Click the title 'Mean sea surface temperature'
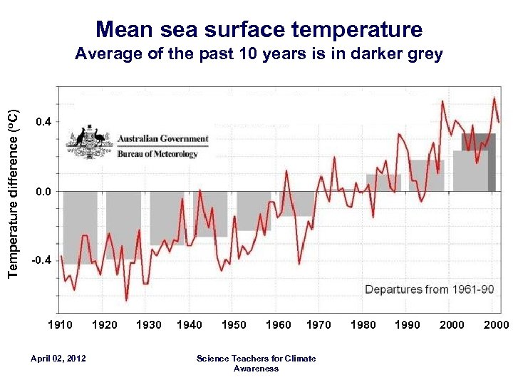259,29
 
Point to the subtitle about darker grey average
259,54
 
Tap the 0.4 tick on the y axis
43,123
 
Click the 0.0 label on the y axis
43,192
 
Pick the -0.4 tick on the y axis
41,261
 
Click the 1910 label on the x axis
60,325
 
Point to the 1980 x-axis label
363,325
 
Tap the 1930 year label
148,325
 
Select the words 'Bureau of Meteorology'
157,153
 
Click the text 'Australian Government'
163,139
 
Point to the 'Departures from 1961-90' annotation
428,289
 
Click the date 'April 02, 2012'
59,358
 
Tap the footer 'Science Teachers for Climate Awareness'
256,363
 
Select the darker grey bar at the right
492,163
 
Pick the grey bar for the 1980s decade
383,183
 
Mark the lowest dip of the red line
126,299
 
